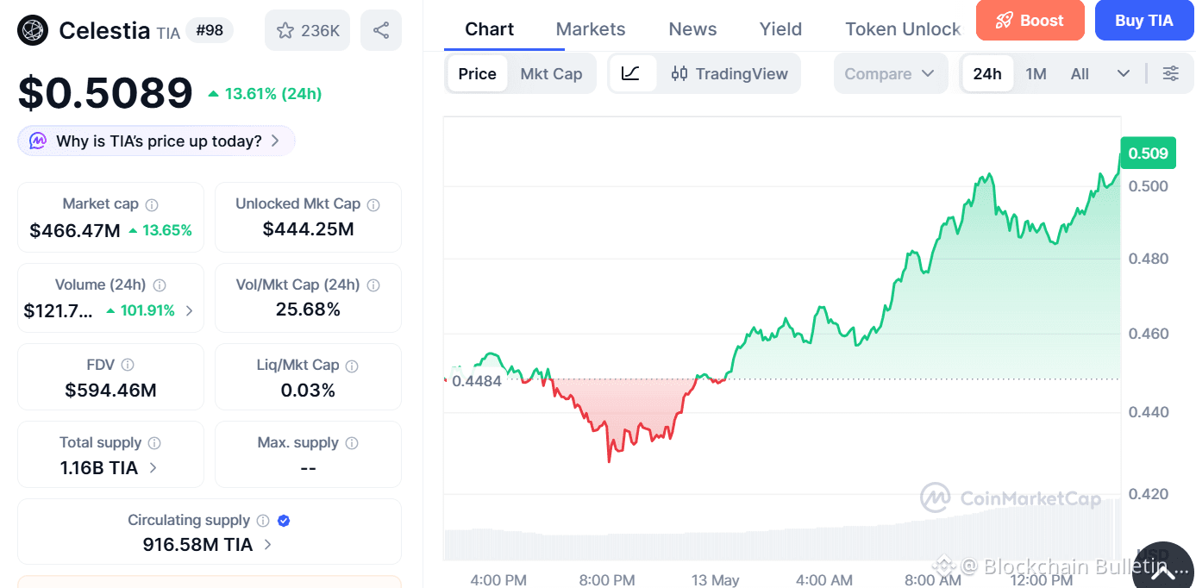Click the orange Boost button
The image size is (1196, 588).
(x=1030, y=21)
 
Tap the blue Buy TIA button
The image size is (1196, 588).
(x=1144, y=21)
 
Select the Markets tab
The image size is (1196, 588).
(x=590, y=28)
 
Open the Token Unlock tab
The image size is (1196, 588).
(x=903, y=28)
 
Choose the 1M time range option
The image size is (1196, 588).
(x=1036, y=73)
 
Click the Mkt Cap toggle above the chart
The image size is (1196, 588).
(x=551, y=73)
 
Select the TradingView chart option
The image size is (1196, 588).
(x=729, y=73)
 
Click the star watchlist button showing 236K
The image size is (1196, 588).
(x=308, y=30)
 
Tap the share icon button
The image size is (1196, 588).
(x=381, y=30)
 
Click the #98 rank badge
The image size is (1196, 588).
(x=210, y=30)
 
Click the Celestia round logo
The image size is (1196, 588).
(x=33, y=30)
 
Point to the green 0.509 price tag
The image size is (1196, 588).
(x=1148, y=153)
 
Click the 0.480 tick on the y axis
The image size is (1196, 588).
(x=1148, y=259)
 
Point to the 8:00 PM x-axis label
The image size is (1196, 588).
(x=607, y=580)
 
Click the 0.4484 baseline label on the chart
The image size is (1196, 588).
(x=476, y=381)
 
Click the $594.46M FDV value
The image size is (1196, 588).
(x=110, y=391)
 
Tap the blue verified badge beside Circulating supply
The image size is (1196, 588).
(x=284, y=521)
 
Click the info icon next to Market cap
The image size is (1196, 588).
(x=152, y=204)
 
